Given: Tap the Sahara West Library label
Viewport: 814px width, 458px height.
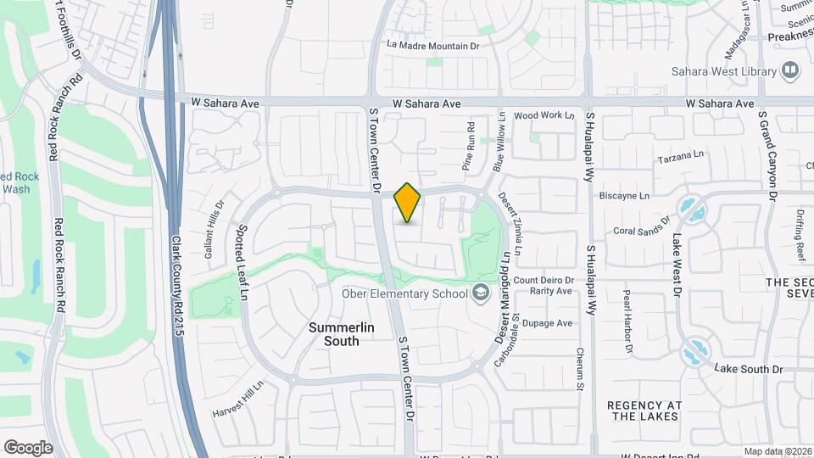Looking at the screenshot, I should (723, 71).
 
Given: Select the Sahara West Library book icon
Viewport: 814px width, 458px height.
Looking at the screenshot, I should (791, 70).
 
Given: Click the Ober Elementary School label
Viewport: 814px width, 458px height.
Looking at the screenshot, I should (404, 293).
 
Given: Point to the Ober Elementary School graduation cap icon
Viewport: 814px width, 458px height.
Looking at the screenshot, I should (482, 293).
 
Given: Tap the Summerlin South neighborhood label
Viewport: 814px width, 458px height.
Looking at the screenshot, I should (334, 334).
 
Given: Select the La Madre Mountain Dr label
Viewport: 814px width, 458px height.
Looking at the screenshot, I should (432, 45).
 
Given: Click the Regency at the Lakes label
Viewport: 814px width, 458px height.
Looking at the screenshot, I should (644, 411).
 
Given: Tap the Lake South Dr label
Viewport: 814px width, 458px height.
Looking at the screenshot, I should (748, 369).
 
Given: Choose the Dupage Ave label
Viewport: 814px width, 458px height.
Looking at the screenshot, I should (547, 323).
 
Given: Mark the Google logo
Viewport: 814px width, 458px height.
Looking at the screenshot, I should (28, 448).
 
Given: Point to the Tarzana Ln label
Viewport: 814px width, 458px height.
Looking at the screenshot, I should (681, 159).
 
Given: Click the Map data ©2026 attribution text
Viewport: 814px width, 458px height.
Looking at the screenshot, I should (778, 451).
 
